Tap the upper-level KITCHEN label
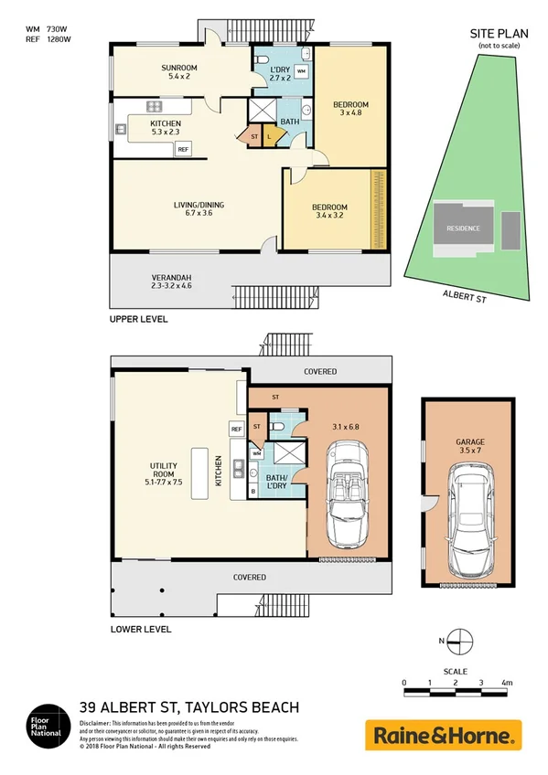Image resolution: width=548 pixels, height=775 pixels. point(166,127)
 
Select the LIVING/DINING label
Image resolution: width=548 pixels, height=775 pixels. point(198,209)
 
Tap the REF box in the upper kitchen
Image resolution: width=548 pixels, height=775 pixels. point(183,149)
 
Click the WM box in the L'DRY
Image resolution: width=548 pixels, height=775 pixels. point(302,70)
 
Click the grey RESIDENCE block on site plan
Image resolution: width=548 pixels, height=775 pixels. point(463,228)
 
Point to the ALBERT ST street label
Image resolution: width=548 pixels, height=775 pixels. point(464,294)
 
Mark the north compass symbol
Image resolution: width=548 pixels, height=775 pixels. point(462,642)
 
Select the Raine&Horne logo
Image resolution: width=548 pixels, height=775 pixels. point(444,735)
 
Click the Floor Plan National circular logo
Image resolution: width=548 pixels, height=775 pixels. point(45,727)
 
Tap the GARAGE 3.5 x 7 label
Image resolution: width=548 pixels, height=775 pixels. point(469,446)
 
